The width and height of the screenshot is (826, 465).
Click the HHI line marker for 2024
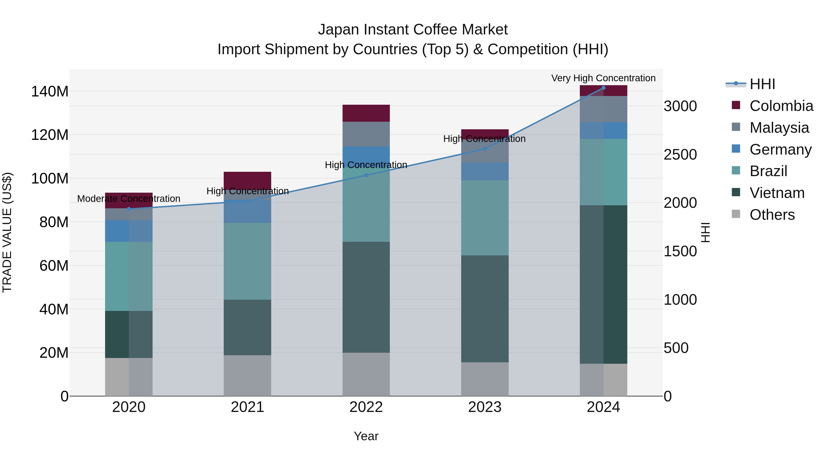(x=603, y=88)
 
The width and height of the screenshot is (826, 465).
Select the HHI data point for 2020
(x=129, y=209)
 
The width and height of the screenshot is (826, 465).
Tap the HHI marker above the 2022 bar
(x=366, y=175)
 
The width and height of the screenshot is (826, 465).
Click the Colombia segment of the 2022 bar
(x=366, y=113)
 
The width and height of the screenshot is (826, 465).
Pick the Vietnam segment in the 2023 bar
(x=485, y=309)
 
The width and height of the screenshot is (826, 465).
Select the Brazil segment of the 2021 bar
(x=247, y=261)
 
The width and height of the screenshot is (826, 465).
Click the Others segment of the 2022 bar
(x=366, y=374)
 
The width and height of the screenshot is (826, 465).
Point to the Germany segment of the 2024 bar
(x=603, y=131)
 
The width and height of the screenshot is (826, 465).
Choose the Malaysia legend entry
(x=779, y=128)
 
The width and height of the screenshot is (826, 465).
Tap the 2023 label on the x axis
(x=485, y=407)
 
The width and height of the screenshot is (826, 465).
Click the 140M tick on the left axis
(x=50, y=91)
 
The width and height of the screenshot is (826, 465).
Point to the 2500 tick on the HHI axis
(x=680, y=155)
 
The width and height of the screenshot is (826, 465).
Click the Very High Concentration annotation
(x=603, y=78)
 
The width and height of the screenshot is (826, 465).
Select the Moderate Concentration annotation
(x=129, y=199)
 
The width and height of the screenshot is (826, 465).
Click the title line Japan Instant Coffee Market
(x=413, y=30)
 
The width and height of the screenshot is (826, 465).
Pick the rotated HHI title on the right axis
(x=706, y=232)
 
